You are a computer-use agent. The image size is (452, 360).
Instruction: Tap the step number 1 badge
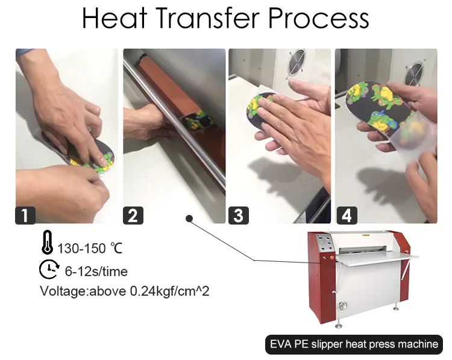tap(25, 215)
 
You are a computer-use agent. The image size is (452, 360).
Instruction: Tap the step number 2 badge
tap(133, 215)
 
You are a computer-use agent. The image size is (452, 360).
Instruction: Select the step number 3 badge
tap(237, 215)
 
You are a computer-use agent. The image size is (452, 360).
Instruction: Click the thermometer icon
tap(47, 246)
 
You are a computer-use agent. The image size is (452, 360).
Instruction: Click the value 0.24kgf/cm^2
tap(169, 291)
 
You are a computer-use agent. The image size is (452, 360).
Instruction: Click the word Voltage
tap(63, 291)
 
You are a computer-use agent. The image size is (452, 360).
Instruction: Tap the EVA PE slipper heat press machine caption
tap(353, 344)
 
